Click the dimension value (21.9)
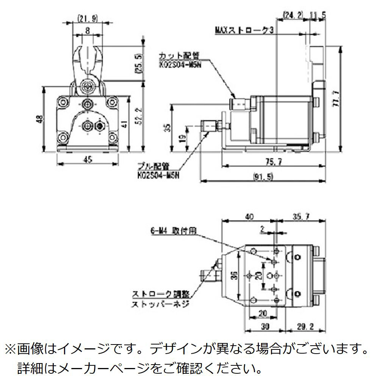88,18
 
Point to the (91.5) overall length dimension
263,177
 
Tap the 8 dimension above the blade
88,32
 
